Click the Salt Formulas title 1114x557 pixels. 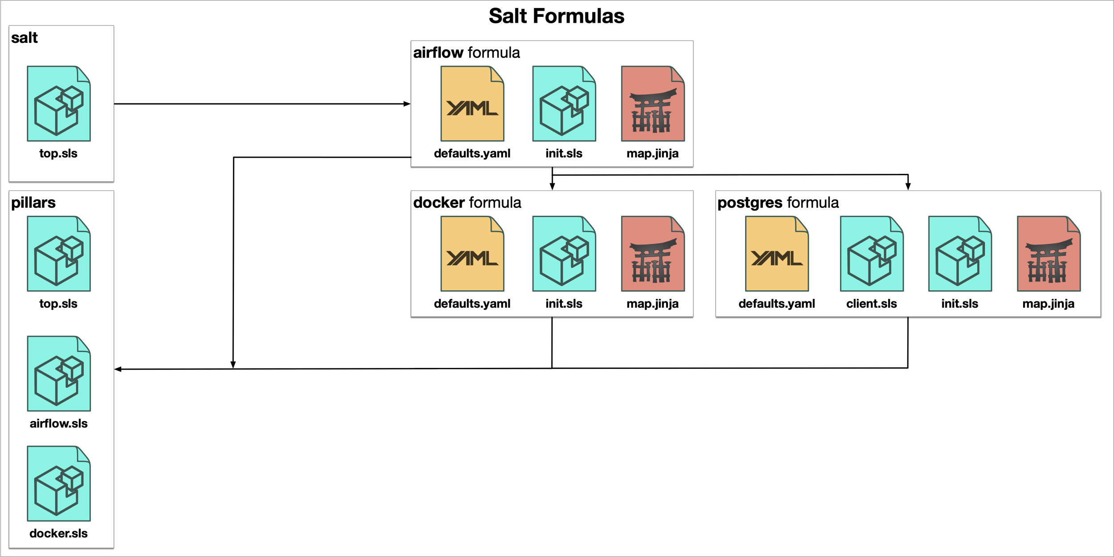(557, 16)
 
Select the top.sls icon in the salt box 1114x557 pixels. (59, 103)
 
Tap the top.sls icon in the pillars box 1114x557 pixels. (59, 254)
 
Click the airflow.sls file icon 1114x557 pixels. (59, 374)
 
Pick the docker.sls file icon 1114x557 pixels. (59, 483)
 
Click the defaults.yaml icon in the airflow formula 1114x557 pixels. (472, 103)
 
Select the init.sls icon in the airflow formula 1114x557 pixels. (564, 103)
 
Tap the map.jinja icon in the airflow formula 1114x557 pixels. (653, 103)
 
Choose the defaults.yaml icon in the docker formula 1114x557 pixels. (472, 254)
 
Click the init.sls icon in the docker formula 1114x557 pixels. (564, 254)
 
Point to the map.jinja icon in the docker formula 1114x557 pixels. (653, 254)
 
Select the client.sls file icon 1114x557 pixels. (872, 254)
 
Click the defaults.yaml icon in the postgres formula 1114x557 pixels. (777, 254)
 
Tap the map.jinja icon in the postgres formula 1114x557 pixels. (1048, 254)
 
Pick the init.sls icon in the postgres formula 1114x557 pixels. (960, 254)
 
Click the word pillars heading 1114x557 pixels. (33, 203)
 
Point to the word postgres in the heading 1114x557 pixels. (750, 203)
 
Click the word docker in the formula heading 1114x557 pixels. (439, 203)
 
